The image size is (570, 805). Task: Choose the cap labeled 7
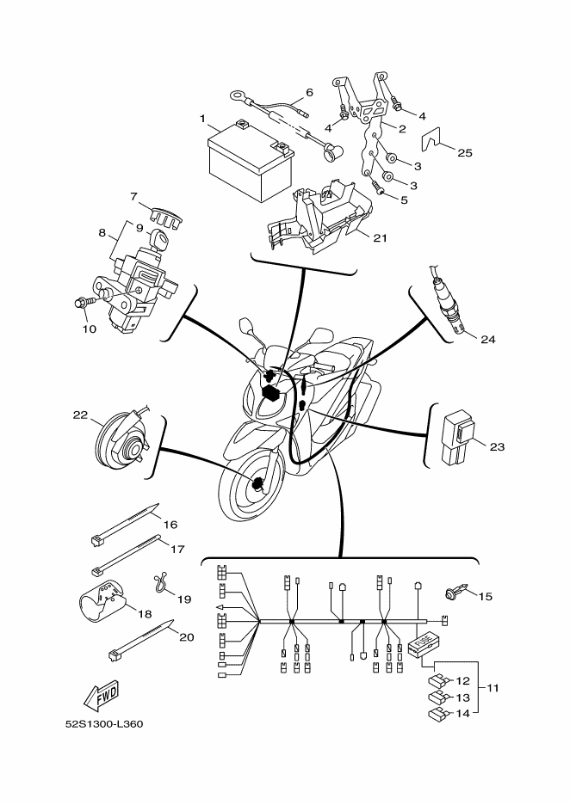coord(157,215)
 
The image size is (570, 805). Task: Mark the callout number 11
coord(493,689)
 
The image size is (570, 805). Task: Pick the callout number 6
coord(309,93)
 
